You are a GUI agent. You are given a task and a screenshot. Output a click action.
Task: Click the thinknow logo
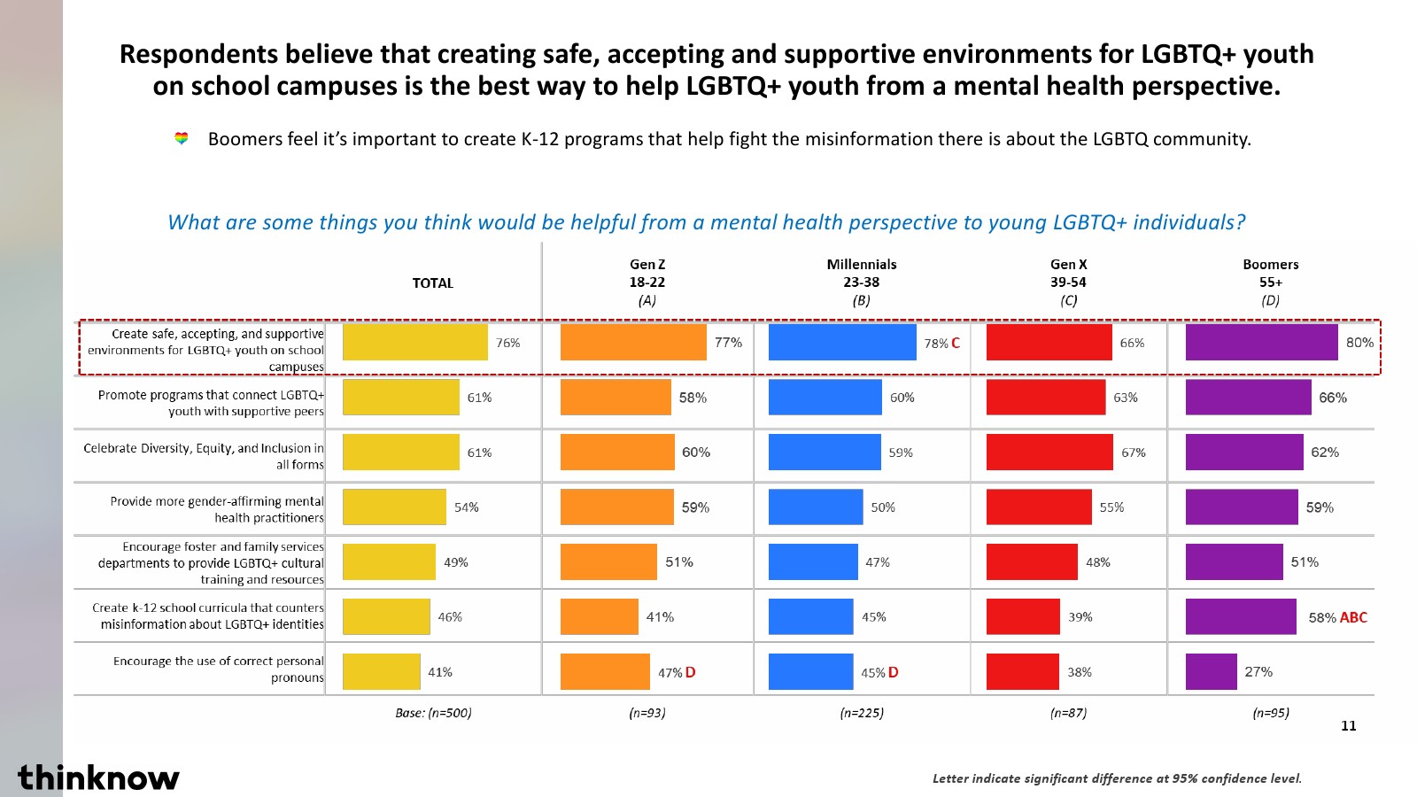pyautogui.click(x=98, y=778)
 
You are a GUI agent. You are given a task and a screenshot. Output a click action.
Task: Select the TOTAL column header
pyautogui.click(x=432, y=283)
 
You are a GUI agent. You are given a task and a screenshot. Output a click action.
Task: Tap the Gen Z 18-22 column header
pyautogui.click(x=647, y=282)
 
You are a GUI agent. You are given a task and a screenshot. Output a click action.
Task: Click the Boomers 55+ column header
pyautogui.click(x=1270, y=282)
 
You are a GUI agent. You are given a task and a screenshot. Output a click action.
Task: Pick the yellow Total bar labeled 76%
pyautogui.click(x=414, y=343)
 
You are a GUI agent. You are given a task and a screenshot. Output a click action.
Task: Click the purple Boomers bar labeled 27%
pyautogui.click(x=1211, y=671)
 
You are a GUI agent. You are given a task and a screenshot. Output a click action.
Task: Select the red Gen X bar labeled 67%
pyautogui.click(x=1049, y=452)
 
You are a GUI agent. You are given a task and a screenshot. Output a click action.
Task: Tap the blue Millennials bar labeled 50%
pyautogui.click(x=815, y=507)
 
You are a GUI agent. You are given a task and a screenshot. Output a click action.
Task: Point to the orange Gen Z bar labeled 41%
pyautogui.click(x=599, y=616)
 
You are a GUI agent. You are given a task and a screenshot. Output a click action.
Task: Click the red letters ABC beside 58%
pyautogui.click(x=1353, y=617)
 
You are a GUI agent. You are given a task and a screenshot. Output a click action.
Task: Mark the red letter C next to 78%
pyautogui.click(x=956, y=343)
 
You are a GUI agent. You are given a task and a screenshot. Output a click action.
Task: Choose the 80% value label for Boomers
pyautogui.click(x=1359, y=343)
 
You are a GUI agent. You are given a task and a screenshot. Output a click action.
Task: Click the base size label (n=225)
pyautogui.click(x=862, y=713)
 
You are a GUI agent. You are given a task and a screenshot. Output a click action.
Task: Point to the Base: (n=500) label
pyautogui.click(x=433, y=713)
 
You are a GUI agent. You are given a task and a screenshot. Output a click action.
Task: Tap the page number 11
pyautogui.click(x=1348, y=726)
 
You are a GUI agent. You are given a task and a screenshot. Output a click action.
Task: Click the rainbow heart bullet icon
pyautogui.click(x=182, y=138)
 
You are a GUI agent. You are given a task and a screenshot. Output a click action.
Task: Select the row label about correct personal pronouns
pyautogui.click(x=218, y=669)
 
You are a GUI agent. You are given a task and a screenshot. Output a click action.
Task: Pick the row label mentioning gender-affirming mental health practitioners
pyautogui.click(x=217, y=509)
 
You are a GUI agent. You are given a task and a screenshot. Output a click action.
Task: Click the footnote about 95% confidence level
pyautogui.click(x=1117, y=778)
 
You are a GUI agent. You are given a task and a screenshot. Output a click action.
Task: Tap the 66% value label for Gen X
pyautogui.click(x=1132, y=343)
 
